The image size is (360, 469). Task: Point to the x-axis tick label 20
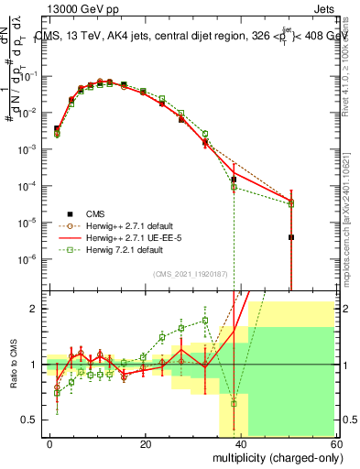[x=146, y=443]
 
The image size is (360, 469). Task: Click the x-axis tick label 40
[x=241, y=443]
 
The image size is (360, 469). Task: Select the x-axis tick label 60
[x=335, y=443]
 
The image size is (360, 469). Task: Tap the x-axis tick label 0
[x=50, y=443]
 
